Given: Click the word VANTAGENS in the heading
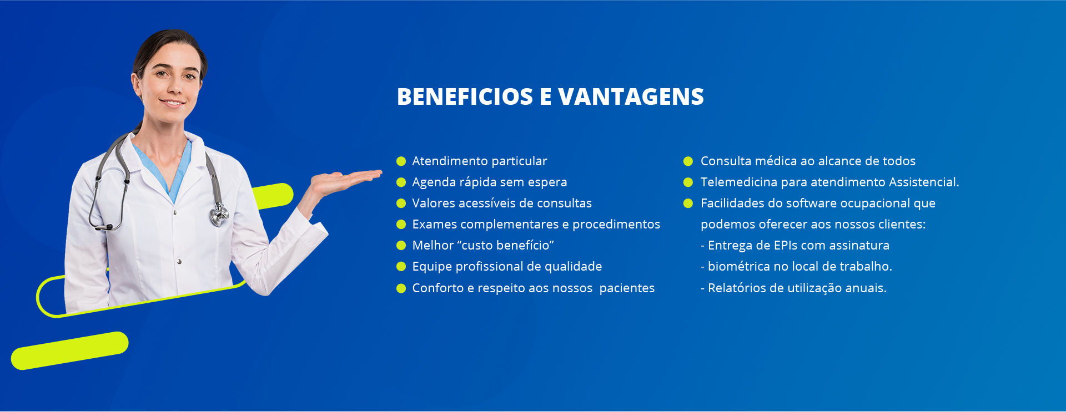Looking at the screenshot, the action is click(x=631, y=96).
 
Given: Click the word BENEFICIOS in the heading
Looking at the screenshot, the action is click(x=465, y=96).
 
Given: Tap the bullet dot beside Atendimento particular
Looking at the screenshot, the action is click(x=401, y=161).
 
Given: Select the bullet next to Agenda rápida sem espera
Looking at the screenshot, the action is click(x=401, y=182).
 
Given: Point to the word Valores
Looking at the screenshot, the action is click(x=433, y=203).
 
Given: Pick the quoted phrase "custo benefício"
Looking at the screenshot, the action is click(x=505, y=245).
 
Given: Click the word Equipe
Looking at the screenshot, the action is click(x=432, y=267).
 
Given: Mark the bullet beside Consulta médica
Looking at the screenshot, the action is click(x=688, y=161).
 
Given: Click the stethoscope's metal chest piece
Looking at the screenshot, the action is click(x=219, y=214).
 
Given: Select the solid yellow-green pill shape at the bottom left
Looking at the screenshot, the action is click(x=70, y=350).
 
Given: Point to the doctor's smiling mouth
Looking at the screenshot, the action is click(x=173, y=103).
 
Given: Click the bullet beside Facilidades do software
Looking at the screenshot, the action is click(x=688, y=204).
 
